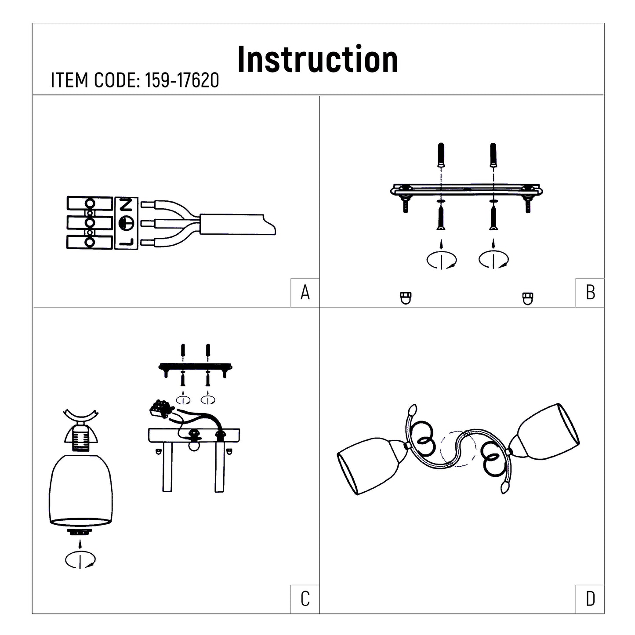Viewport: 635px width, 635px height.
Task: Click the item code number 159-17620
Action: pos(182,80)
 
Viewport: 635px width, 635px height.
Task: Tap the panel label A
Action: pos(305,293)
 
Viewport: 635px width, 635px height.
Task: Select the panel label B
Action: pos(590,293)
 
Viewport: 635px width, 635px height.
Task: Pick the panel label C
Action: pos(305,599)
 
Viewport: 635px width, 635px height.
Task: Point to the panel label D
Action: pos(590,599)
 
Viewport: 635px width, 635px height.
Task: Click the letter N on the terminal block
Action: pos(126,205)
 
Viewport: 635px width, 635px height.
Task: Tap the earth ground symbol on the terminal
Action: pos(126,223)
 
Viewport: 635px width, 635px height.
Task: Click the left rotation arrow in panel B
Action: pos(442,260)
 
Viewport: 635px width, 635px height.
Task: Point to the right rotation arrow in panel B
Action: pos(494,260)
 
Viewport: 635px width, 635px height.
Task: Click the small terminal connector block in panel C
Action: pos(161,408)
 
